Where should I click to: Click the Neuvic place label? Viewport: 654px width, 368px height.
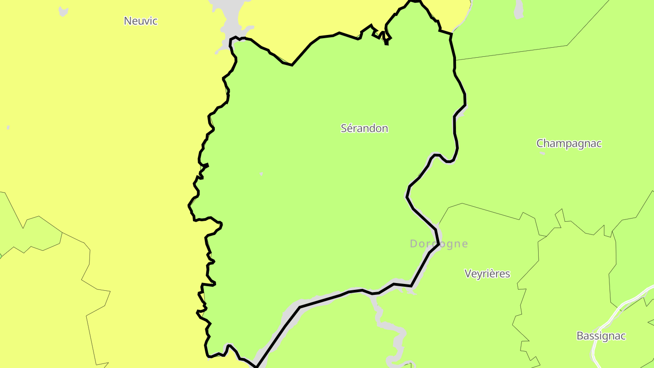tap(140, 21)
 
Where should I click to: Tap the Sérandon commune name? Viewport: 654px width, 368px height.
tap(364, 129)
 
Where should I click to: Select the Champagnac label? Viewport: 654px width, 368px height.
tap(569, 144)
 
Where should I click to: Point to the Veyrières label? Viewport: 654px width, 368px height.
tap(487, 274)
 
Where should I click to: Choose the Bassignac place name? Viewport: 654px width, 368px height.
tap(601, 336)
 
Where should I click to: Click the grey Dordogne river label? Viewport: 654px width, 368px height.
tap(439, 244)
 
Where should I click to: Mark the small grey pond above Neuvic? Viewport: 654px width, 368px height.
tap(64, 11)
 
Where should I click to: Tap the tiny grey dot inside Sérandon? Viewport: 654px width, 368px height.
tap(261, 174)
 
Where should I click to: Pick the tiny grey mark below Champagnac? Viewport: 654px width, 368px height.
tap(542, 154)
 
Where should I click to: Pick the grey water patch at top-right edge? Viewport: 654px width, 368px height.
tap(518, 10)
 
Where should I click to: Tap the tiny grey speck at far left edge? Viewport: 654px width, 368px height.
tap(8, 128)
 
